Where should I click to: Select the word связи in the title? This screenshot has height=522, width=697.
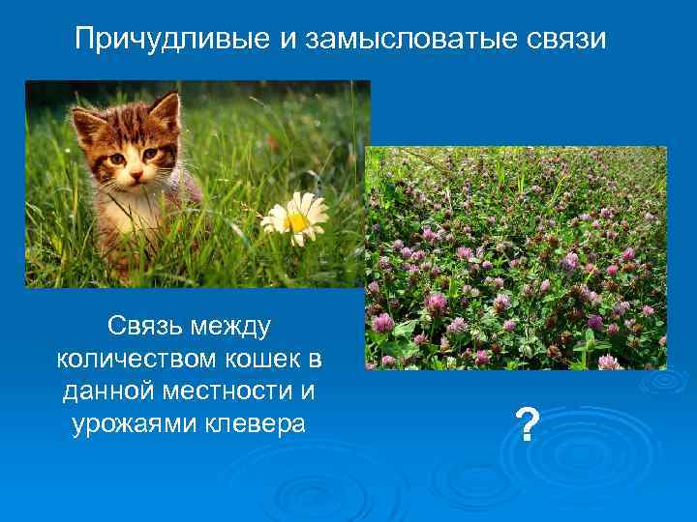(x=569, y=40)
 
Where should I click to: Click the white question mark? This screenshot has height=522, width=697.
(x=527, y=424)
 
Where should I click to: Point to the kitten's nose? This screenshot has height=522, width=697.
(x=136, y=177)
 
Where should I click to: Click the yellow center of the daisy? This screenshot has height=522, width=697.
(x=297, y=221)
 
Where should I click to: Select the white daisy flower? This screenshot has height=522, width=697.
(x=295, y=218)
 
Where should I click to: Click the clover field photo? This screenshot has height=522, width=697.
(x=516, y=258)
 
